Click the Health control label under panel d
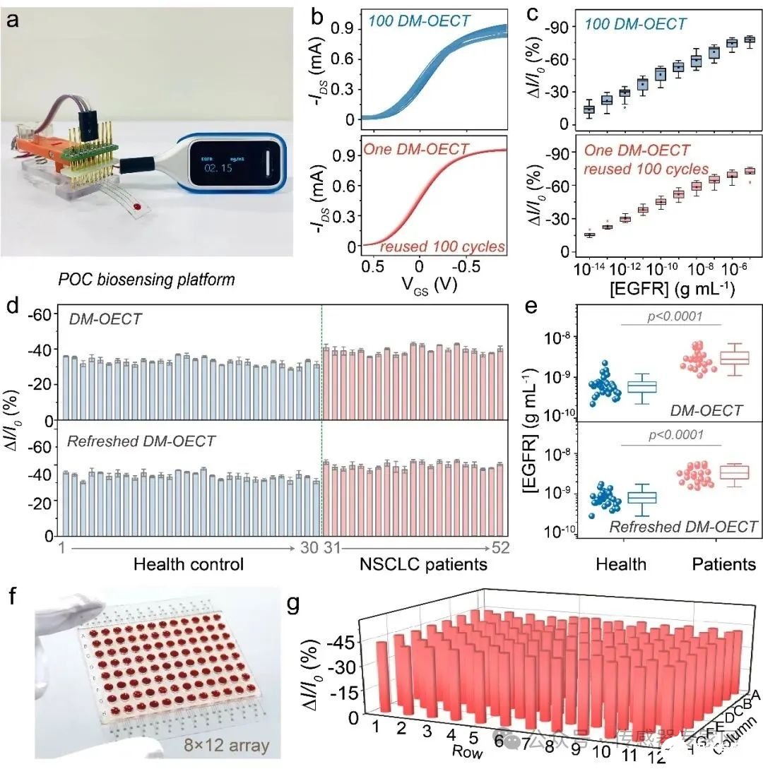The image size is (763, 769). point(188,564)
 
